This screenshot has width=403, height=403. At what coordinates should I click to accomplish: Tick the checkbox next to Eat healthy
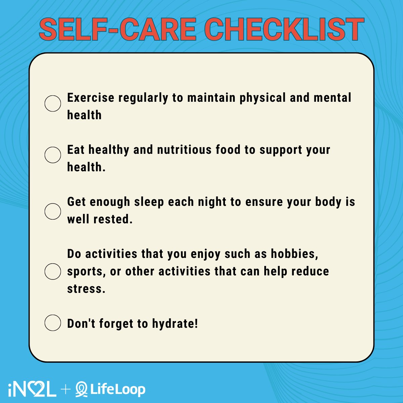[x=53, y=155]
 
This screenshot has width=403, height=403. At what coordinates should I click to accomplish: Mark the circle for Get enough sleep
[x=53, y=211]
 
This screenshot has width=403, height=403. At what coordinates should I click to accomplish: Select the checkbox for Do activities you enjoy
[x=53, y=271]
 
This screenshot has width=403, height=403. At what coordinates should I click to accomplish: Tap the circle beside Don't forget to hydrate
[x=53, y=323]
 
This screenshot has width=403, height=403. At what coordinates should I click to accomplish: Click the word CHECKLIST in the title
[x=284, y=30]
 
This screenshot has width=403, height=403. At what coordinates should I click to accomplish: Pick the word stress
[x=86, y=289]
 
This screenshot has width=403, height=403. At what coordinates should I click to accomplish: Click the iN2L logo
[x=32, y=390]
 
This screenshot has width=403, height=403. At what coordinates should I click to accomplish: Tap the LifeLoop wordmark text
[x=118, y=390]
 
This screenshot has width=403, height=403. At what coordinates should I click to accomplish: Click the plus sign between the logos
[x=66, y=390]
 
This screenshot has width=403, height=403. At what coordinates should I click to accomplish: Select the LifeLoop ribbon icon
[x=82, y=390]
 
